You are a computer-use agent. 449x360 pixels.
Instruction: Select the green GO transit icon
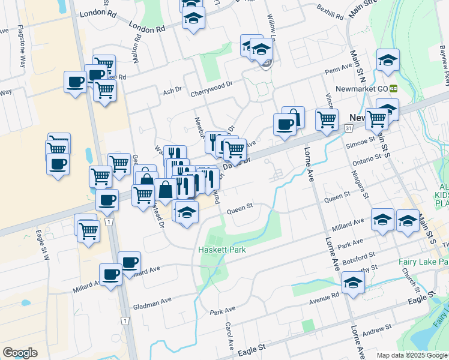click(x=394, y=88)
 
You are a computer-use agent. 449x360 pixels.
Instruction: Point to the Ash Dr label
click(x=172, y=91)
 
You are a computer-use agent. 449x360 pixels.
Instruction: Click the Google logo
click(x=20, y=353)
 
